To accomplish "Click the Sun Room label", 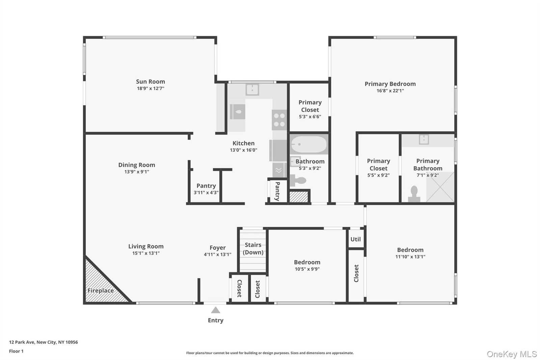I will [x=150, y=81].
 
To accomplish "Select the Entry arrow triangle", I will [x=215, y=310].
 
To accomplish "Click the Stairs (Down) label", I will [x=253, y=249].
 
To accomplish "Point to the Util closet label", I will [x=355, y=239].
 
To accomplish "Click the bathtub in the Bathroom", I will [x=309, y=145].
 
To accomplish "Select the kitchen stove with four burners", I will [x=279, y=120].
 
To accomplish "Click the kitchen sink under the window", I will [x=252, y=89].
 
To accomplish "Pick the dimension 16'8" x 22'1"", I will [x=390, y=91].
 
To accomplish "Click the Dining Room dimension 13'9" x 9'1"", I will [x=137, y=172].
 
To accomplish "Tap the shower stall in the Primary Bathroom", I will [x=440, y=187].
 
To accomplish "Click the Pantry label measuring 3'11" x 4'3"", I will [x=206, y=186].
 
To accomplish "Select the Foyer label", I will [x=217, y=248].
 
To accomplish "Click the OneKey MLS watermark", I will [x=511, y=354].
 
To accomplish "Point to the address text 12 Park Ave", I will [x=43, y=342].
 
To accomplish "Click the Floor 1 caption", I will [x=16, y=351].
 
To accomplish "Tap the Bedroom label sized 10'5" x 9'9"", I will [x=307, y=262].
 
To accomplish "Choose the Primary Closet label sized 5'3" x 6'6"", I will [x=310, y=106].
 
